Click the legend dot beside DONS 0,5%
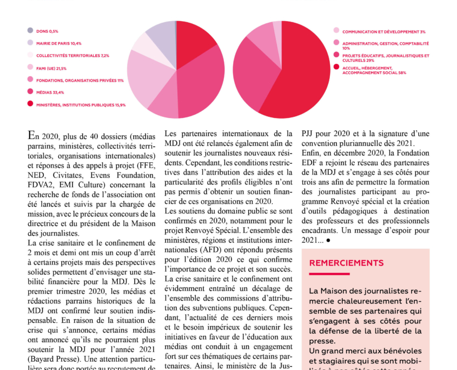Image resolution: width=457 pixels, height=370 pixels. [x=30, y=30]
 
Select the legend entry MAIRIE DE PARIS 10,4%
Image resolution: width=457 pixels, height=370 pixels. [x=58, y=43]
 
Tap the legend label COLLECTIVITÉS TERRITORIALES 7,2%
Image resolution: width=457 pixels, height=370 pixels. [x=72, y=55]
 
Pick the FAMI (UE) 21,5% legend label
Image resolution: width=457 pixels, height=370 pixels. [x=51, y=68]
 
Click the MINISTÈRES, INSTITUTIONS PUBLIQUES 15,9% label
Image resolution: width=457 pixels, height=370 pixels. [x=81, y=104]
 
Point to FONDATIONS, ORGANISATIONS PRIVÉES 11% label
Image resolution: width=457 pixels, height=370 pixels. [x=80, y=80]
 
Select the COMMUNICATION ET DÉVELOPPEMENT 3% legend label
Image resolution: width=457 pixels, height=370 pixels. [x=383, y=32]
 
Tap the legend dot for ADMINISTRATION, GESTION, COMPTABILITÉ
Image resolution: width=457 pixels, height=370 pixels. [x=336, y=43]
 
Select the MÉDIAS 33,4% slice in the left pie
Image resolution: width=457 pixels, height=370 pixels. [x=200, y=81]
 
